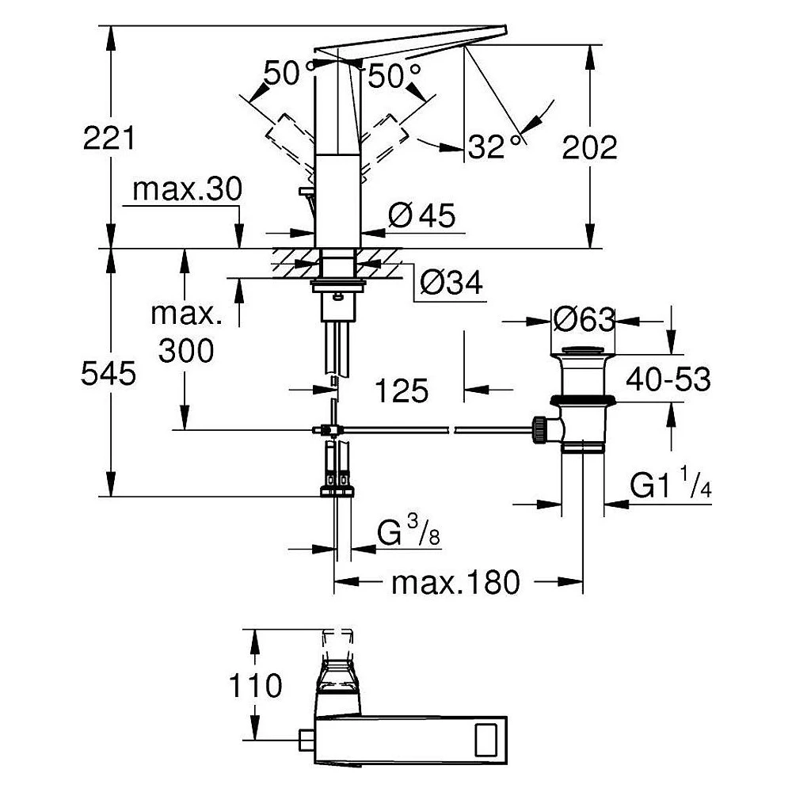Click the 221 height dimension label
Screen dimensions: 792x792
point(109,138)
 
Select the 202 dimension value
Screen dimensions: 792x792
point(589,147)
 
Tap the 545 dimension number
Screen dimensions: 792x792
point(109,374)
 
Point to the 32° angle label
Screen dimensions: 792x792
point(494,147)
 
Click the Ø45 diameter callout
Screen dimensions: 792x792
point(422,215)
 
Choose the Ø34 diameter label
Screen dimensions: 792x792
point(451,283)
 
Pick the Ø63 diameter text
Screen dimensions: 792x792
point(584,320)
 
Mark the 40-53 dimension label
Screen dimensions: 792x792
point(668,379)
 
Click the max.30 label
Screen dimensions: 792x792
point(187,189)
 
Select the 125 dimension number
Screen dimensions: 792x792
point(402,390)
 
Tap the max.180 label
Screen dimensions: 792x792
point(455,582)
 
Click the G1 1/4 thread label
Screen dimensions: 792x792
point(670,483)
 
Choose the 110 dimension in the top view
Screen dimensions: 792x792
point(256,685)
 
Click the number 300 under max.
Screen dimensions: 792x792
point(186,351)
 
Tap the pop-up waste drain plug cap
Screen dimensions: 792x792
point(583,350)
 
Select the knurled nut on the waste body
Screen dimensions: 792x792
point(539,430)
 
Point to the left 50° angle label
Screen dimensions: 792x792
point(288,73)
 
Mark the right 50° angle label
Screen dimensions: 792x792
point(394,76)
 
